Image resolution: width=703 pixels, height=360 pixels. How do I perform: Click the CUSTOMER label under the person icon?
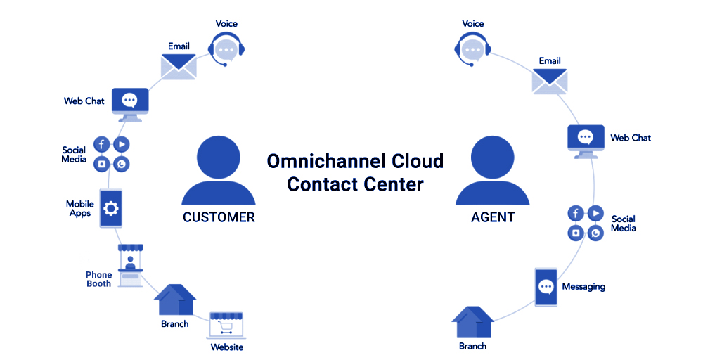click(x=219, y=217)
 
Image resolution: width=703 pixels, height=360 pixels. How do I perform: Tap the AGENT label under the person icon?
click(x=493, y=217)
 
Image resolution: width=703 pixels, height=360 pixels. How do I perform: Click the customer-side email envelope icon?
click(x=179, y=65)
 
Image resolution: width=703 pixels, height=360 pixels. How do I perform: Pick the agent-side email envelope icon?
click(x=550, y=80)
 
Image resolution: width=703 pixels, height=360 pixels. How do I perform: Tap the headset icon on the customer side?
click(x=225, y=49)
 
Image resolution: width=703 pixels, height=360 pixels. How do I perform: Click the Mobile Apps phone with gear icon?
click(x=110, y=208)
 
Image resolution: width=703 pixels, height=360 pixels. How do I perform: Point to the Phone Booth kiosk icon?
click(x=129, y=265)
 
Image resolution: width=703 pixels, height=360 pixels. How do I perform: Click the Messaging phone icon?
click(x=546, y=287)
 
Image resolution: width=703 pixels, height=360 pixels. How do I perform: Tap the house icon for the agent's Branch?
click(x=472, y=322)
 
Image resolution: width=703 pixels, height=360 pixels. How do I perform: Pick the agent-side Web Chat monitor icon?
click(x=585, y=139)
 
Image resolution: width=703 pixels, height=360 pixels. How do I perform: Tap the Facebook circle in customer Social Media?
click(x=101, y=145)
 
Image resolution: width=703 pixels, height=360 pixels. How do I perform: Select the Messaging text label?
click(x=583, y=287)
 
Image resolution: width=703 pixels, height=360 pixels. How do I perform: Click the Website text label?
click(x=227, y=347)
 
